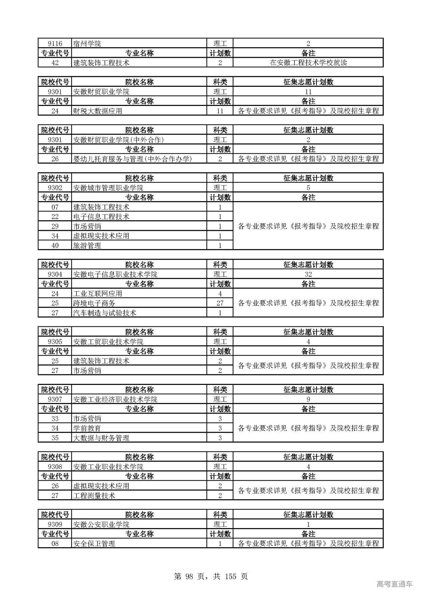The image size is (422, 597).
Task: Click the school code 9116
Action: coord(55,44)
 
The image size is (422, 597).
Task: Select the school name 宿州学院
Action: coord(87,44)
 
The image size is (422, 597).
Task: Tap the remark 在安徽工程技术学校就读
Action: coord(308,63)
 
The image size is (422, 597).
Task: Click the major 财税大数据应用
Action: coord(98,111)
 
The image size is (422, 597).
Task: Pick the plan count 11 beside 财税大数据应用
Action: coord(220,111)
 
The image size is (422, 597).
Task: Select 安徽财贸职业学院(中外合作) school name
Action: coord(118,140)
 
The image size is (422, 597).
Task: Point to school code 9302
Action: coord(55,188)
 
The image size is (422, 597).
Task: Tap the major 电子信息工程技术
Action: coord(101,217)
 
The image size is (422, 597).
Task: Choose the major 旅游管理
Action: coord(87,246)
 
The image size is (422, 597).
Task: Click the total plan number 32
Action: coord(308,274)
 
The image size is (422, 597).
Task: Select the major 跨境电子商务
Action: coord(94,303)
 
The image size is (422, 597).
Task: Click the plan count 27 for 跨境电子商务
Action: coord(220,303)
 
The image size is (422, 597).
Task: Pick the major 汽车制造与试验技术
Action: coord(105,313)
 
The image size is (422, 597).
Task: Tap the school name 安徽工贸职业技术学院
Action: coord(108,342)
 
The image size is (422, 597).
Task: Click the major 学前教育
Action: coord(87,428)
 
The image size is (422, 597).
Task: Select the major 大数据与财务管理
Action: coord(101,438)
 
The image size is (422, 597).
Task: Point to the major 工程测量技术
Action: coord(94,496)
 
